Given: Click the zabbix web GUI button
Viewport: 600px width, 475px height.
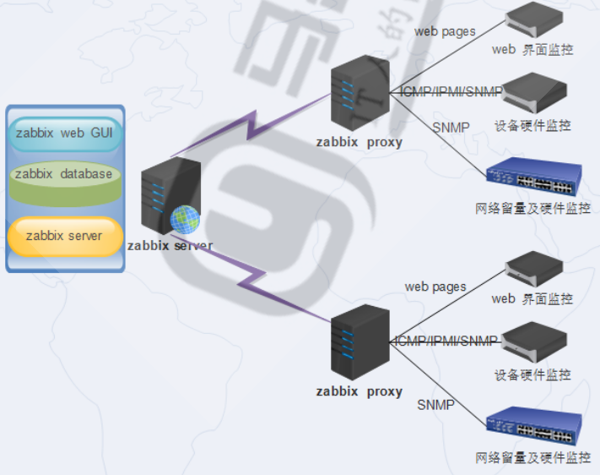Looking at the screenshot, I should pyautogui.click(x=63, y=134).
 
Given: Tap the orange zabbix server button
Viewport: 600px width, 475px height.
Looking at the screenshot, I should pyautogui.click(x=63, y=236).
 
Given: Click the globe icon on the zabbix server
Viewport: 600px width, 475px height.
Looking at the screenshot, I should pyautogui.click(x=186, y=220).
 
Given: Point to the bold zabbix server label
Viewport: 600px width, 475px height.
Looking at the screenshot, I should pyautogui.click(x=170, y=246).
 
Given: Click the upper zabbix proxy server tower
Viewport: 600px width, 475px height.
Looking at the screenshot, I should pyautogui.click(x=359, y=94).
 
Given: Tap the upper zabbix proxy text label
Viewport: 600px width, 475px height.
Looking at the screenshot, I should pyautogui.click(x=359, y=142).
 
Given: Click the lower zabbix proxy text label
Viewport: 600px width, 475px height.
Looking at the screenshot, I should pyautogui.click(x=359, y=391).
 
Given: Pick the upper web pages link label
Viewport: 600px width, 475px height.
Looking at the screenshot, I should pyautogui.click(x=445, y=31).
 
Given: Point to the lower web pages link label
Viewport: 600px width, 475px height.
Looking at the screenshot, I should pyautogui.click(x=435, y=287).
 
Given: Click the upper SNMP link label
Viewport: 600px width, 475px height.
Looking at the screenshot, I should pyautogui.click(x=451, y=128).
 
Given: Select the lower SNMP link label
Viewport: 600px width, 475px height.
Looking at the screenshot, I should pyautogui.click(x=435, y=405).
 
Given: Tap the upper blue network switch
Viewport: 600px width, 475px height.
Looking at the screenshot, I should pyautogui.click(x=534, y=176).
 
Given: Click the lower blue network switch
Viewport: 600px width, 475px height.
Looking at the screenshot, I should pyautogui.click(x=534, y=427).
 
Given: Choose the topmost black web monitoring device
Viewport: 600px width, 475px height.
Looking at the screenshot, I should pyautogui.click(x=533, y=19).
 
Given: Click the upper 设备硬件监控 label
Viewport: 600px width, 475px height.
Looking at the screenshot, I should pyautogui.click(x=532, y=126).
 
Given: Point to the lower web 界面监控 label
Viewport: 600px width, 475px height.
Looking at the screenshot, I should pyautogui.click(x=532, y=298).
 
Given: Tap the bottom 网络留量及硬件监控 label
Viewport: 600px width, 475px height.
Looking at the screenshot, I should pyautogui.click(x=532, y=457).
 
